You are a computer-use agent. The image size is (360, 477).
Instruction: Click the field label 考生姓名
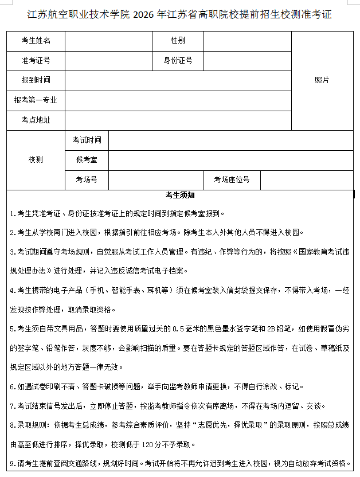point(36,41)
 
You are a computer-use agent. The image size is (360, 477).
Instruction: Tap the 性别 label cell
point(178,41)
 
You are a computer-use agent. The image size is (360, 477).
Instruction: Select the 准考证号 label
point(36,60)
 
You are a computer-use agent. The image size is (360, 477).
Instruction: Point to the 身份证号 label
point(178,60)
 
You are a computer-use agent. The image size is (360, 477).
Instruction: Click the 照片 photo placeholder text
point(322,80)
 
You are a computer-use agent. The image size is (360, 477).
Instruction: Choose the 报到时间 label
point(36,80)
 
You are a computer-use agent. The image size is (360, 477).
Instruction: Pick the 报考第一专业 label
point(36,100)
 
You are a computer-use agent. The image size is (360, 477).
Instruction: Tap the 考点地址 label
point(36,120)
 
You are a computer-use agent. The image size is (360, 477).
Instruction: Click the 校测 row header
point(36,160)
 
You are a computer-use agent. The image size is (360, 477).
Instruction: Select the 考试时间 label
point(87,140)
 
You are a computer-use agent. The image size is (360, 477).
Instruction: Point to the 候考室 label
point(87,160)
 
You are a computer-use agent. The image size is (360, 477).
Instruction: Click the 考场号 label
point(87,179)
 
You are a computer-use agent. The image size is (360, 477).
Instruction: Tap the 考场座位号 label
point(232,179)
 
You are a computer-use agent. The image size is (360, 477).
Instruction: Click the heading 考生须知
point(180,195)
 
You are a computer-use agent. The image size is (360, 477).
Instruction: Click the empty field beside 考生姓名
point(108,41)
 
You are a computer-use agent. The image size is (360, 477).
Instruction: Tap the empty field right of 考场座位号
point(307,179)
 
